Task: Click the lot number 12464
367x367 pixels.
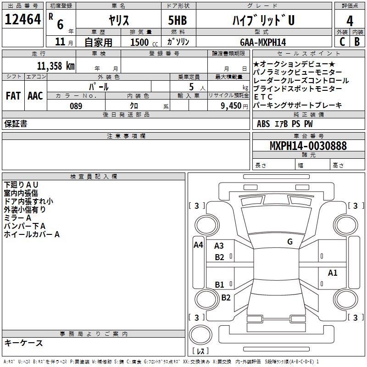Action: (x=22, y=19)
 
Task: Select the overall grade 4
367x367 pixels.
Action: (x=350, y=21)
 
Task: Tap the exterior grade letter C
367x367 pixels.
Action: (x=342, y=42)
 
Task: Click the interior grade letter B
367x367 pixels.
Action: (x=357, y=42)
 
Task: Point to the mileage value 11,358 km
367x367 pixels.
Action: (x=56, y=66)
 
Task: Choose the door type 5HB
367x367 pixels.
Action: (x=178, y=20)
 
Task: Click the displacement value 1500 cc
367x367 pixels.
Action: (x=144, y=42)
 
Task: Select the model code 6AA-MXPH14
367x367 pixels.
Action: (x=263, y=42)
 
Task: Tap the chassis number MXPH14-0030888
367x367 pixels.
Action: (x=308, y=145)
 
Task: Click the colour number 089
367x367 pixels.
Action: (x=76, y=106)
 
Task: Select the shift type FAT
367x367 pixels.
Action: (x=13, y=96)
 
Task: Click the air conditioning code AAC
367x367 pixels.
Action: (x=35, y=96)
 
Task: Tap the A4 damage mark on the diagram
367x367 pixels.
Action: (x=198, y=245)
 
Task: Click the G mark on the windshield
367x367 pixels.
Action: (x=290, y=242)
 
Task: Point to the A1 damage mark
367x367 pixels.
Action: (x=333, y=272)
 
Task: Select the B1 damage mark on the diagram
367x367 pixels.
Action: (x=219, y=284)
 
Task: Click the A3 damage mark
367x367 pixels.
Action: (x=219, y=246)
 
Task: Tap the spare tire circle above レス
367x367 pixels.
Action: (x=200, y=335)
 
